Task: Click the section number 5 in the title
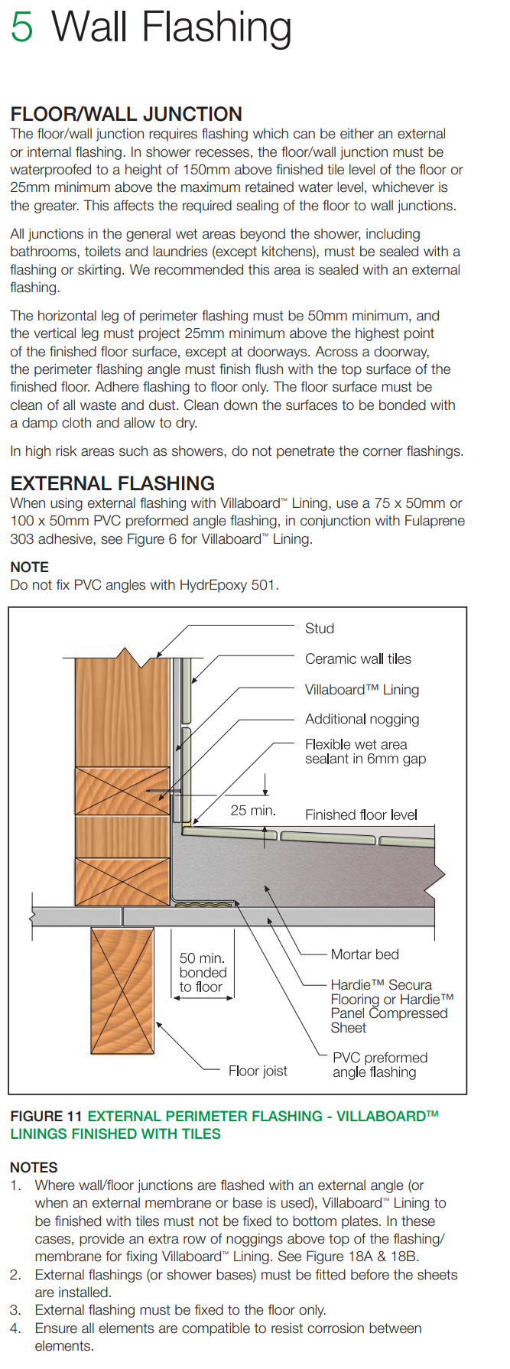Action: point(22,27)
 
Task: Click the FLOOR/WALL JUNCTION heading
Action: point(126,114)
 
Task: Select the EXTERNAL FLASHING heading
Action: point(112,483)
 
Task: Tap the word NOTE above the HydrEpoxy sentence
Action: point(29,567)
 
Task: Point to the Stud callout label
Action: point(320,629)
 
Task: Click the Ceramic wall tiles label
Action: point(358,658)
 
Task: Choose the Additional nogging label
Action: point(362,719)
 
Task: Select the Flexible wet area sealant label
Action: point(365,751)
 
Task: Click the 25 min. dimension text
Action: point(253,811)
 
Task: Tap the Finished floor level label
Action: point(361,815)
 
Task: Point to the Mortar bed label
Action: point(365,954)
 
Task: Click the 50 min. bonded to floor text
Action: point(203,972)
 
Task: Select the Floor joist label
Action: point(258,1071)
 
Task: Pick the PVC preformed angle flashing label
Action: point(380,1065)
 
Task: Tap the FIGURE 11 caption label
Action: point(46,1116)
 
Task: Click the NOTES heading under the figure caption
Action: point(34,1167)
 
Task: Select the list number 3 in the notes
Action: point(15,1310)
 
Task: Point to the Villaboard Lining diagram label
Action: point(362,689)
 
